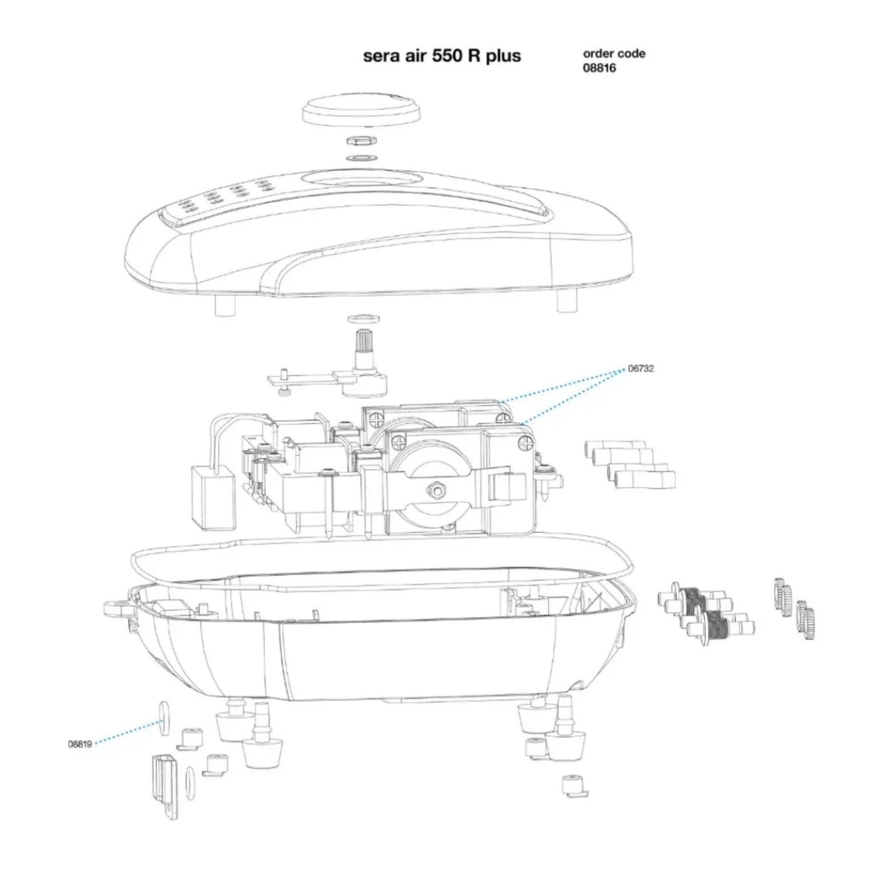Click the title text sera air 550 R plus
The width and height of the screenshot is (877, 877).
click(x=441, y=56)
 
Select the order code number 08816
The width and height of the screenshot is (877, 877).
click(x=599, y=68)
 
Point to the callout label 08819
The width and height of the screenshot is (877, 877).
click(x=80, y=744)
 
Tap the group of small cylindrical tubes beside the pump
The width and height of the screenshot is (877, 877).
click(x=631, y=464)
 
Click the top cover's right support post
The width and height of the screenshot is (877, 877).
click(x=565, y=302)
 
